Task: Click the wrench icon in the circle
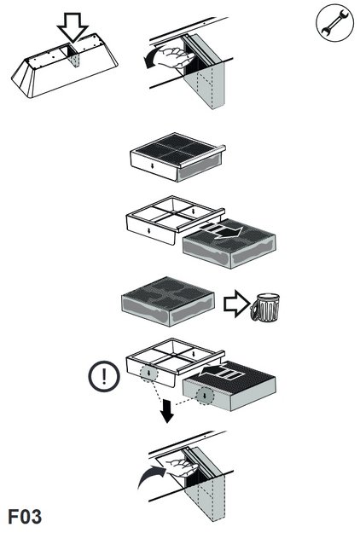[334, 23]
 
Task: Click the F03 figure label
[25, 517]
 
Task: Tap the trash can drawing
[265, 308]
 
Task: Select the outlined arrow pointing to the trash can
[236, 304]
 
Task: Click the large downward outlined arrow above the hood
[73, 27]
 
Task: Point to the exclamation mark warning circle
[104, 376]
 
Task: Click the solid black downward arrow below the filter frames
[167, 411]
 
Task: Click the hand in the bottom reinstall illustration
[181, 468]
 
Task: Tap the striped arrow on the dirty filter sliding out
[221, 231]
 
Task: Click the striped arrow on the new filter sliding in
[222, 372]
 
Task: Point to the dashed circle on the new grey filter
[205, 396]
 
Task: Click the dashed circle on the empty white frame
[149, 374]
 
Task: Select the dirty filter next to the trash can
[168, 302]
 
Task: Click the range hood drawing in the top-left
[65, 66]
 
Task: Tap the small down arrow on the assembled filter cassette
[153, 165]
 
